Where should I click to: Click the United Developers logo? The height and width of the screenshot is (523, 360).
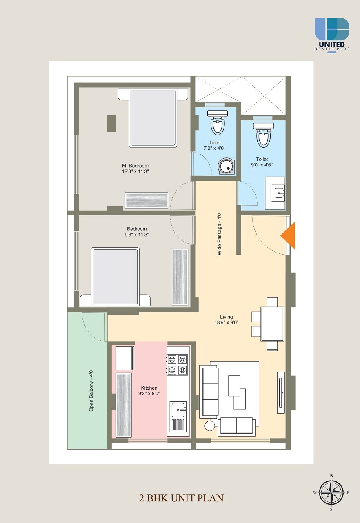click(x=332, y=34)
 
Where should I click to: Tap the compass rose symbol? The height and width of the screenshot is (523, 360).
click(x=331, y=492)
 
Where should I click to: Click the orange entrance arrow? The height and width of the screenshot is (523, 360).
click(x=289, y=236)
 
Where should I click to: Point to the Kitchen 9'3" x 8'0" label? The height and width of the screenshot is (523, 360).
click(x=149, y=391)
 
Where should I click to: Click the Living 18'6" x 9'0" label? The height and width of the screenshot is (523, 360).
click(x=226, y=319)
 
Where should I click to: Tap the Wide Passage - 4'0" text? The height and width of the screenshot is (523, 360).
click(x=220, y=233)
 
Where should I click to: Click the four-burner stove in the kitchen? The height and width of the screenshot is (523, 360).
click(x=177, y=364)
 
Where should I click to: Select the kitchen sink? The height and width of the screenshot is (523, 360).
click(x=178, y=409)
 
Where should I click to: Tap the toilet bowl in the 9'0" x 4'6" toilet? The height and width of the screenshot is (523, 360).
click(x=263, y=135)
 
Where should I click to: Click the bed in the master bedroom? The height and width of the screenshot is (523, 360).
click(x=153, y=117)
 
